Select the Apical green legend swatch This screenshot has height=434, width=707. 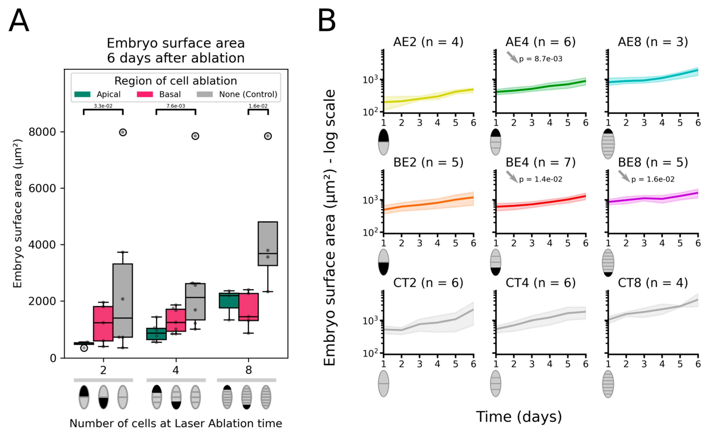[x=82, y=94]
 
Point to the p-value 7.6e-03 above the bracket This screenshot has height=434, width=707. [x=176, y=106]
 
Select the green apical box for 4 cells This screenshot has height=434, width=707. [x=156, y=334]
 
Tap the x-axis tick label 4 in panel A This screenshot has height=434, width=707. [x=176, y=370]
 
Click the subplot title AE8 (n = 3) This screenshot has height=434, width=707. [x=653, y=42]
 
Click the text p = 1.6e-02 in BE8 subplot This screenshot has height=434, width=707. [x=653, y=179]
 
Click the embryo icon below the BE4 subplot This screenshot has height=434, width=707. [x=496, y=262]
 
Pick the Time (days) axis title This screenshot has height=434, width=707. [x=519, y=417]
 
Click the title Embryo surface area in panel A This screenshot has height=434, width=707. [x=176, y=43]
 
